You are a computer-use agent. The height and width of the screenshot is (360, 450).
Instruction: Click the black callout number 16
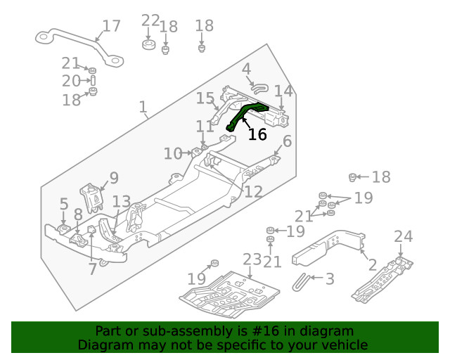257,134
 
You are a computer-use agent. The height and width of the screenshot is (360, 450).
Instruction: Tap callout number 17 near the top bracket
111,27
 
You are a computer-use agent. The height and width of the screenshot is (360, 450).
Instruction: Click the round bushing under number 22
148,46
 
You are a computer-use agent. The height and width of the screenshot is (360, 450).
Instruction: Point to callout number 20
71,81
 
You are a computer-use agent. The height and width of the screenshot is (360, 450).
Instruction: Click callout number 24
404,236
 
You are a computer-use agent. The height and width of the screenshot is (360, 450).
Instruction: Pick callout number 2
372,264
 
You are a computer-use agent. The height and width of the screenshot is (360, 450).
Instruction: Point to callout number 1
143,108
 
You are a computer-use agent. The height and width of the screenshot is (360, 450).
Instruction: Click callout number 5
63,204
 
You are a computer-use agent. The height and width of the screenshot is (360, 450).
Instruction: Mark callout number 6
287,141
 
